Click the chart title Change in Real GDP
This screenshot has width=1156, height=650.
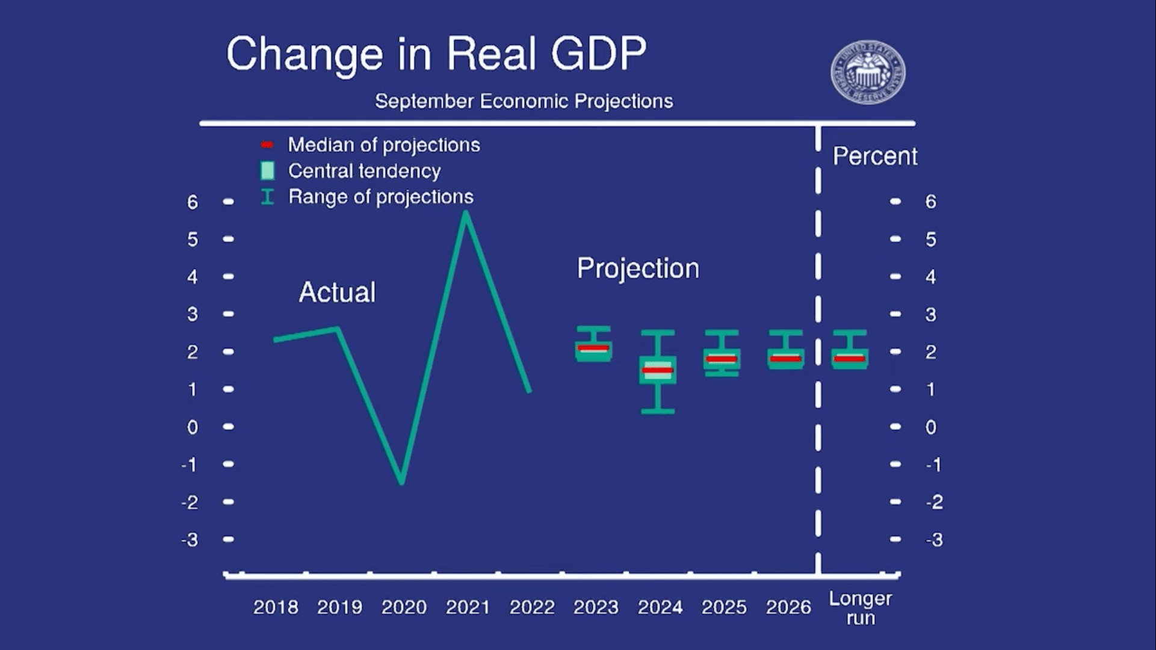436,54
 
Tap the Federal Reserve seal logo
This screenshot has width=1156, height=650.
868,73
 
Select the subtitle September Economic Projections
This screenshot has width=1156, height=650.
524,101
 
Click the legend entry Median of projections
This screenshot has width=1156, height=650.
383,145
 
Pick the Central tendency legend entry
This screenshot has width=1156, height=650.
364,171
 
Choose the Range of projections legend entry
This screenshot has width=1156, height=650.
380,197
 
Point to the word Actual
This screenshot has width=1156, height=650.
337,292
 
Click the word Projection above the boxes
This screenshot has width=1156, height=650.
638,268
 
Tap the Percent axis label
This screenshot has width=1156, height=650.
874,156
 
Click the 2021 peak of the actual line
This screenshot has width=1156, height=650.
466,213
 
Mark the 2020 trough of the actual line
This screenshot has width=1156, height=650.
402,481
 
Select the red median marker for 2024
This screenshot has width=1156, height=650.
657,370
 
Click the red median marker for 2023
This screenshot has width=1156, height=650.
593,348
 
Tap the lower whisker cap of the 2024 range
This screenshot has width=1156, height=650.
658,412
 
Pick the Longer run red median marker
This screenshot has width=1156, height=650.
850,359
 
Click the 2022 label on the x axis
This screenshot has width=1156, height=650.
532,607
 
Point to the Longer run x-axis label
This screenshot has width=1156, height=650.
860,608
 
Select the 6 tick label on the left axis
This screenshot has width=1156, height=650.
192,202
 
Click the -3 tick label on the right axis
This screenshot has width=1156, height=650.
934,540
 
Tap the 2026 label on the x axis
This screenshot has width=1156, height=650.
788,607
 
